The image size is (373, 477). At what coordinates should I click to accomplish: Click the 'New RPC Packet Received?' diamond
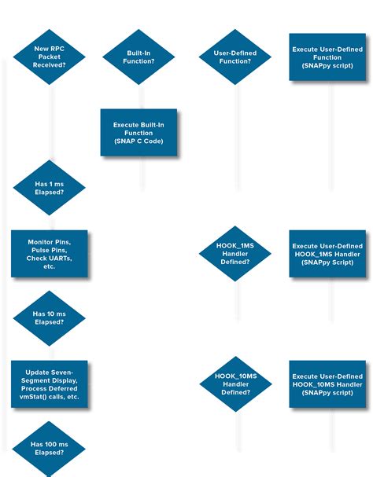[49, 57]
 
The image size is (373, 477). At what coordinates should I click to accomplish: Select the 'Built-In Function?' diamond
[138, 57]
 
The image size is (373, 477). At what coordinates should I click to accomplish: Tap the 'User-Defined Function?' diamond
[235, 57]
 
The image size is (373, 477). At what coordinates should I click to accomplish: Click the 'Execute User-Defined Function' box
[327, 57]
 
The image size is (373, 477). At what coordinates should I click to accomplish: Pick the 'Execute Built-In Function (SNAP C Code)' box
[138, 132]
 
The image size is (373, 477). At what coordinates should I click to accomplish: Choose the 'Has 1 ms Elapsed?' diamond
[49, 187]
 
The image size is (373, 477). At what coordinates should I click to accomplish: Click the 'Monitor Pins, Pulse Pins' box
[49, 253]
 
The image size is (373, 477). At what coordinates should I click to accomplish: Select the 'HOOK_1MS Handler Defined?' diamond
[235, 254]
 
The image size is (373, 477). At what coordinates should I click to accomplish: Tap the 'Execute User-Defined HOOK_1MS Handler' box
[327, 254]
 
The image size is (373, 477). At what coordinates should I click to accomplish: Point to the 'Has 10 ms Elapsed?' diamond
[49, 318]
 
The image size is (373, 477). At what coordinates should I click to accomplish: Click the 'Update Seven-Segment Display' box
[49, 384]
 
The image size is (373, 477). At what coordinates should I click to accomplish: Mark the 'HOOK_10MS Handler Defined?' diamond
[235, 384]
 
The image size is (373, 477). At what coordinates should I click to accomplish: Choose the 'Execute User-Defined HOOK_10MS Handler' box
[327, 384]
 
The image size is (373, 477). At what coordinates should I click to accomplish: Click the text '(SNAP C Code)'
[138, 141]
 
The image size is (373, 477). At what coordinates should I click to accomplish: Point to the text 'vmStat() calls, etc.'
[49, 397]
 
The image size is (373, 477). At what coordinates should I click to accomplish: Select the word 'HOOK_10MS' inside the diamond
[235, 376]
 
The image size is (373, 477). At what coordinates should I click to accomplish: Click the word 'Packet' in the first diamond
[49, 57]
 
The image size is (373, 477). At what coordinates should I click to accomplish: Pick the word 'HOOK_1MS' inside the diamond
[235, 246]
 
